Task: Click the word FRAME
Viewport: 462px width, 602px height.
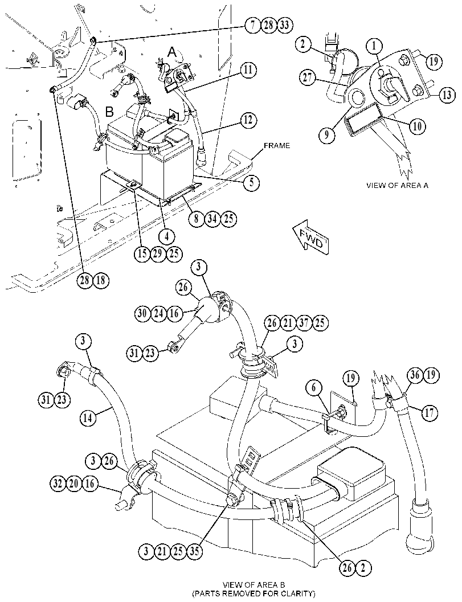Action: [x=276, y=146]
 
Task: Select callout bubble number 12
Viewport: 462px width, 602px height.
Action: [x=249, y=120]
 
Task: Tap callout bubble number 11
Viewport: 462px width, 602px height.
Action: [x=249, y=70]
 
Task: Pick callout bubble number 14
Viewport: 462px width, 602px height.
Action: [x=88, y=418]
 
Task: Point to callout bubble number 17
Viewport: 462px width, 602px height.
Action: [x=429, y=413]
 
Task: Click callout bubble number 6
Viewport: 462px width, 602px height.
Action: [x=314, y=388]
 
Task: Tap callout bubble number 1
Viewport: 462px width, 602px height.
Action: [x=374, y=46]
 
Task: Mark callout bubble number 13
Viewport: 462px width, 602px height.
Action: [x=447, y=95]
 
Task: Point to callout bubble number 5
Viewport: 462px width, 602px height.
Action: [x=251, y=182]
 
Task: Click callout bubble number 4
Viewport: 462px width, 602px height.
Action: [x=166, y=236]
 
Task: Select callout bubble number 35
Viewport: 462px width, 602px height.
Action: [x=194, y=551]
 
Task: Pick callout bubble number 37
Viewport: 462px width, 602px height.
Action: [x=304, y=322]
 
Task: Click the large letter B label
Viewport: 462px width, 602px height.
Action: [x=109, y=112]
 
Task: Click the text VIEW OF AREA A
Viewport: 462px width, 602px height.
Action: [x=397, y=186]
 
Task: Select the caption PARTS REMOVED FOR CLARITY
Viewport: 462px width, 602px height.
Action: [x=254, y=593]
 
